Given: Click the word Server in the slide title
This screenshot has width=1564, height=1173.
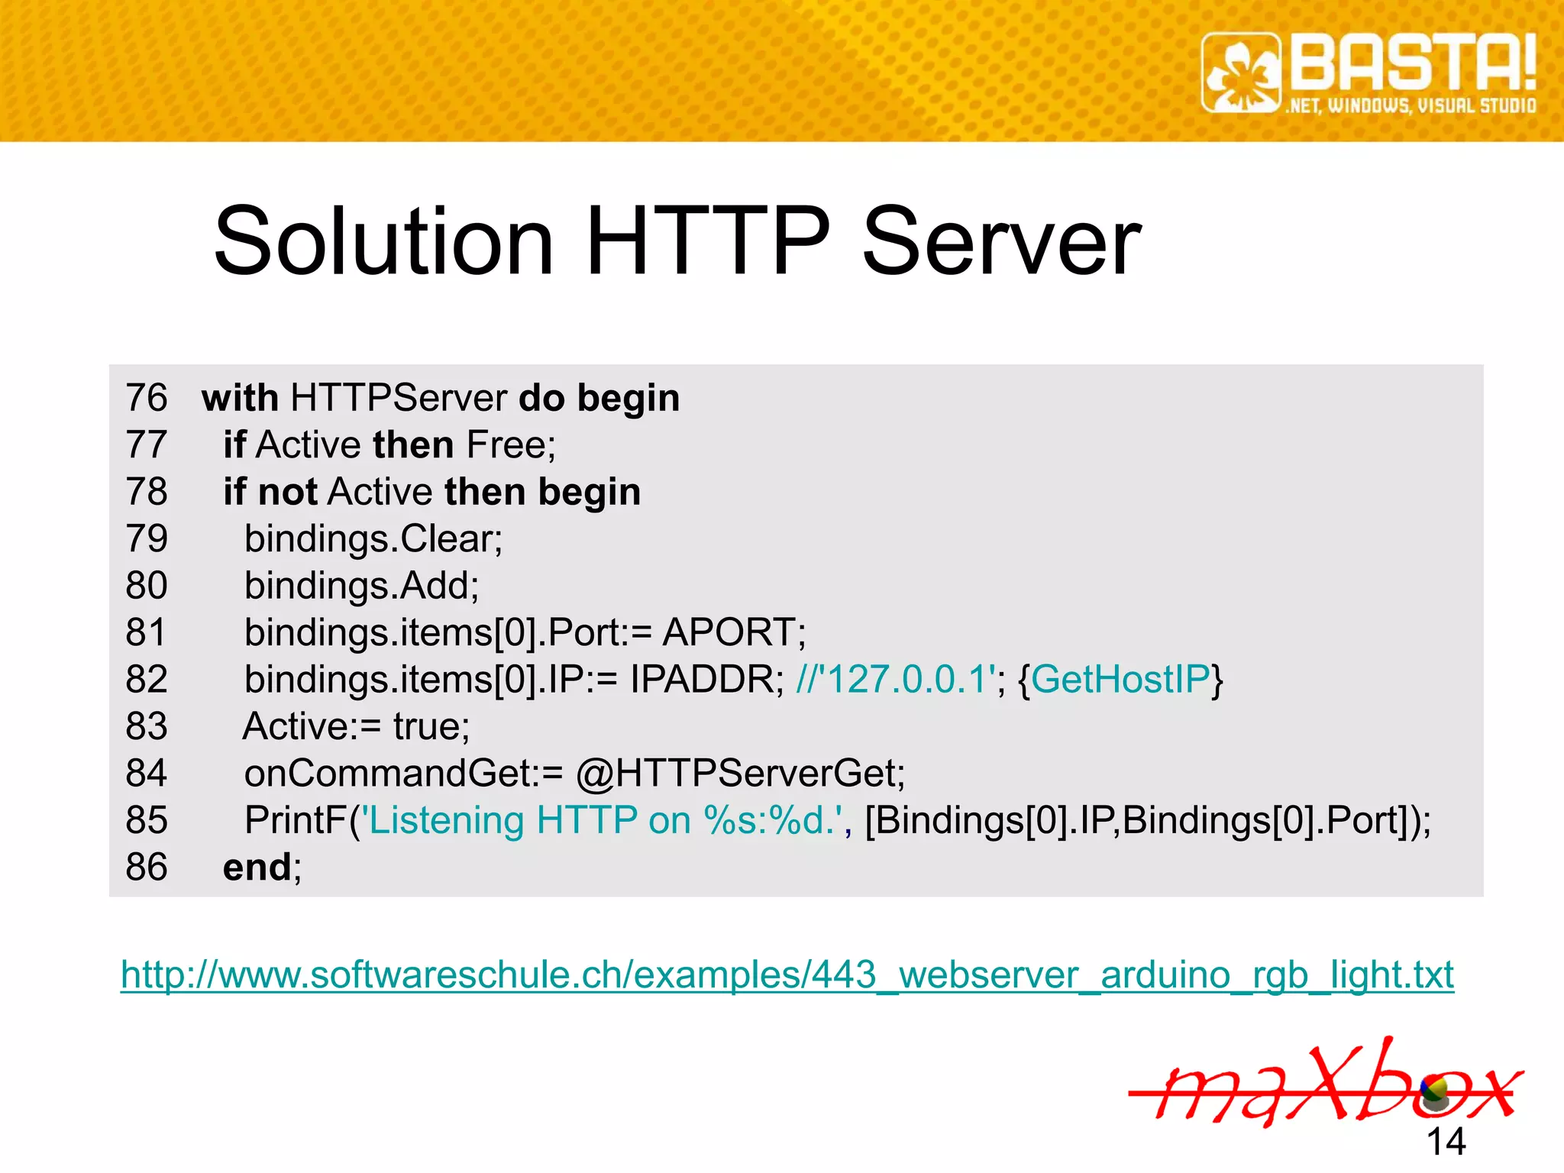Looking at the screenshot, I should pyautogui.click(x=1001, y=242).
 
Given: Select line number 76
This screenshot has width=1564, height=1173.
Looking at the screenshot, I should pyautogui.click(x=147, y=398).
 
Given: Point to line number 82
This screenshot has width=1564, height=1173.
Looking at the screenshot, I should pyautogui.click(x=147, y=679).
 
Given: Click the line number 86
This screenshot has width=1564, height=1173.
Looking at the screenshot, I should pyautogui.click(x=147, y=867).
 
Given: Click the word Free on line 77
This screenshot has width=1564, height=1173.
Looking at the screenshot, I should pyautogui.click(x=507, y=444).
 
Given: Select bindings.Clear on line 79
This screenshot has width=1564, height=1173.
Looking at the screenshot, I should pyautogui.click(x=372, y=538).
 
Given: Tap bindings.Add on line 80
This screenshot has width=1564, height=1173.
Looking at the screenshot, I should pyautogui.click(x=360, y=586).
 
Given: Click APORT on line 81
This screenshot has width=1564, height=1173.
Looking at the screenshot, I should pyautogui.click(x=729, y=632).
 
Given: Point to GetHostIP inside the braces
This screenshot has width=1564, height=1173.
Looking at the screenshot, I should pyautogui.click(x=1120, y=679).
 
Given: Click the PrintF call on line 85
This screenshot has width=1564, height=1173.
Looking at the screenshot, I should pyautogui.click(x=296, y=820).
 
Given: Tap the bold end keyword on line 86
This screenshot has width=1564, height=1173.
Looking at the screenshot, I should pyautogui.click(x=257, y=867).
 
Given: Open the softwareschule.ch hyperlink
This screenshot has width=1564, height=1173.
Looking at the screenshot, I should pyautogui.click(x=787, y=975).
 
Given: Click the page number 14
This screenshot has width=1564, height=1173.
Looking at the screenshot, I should pyautogui.click(x=1446, y=1142).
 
